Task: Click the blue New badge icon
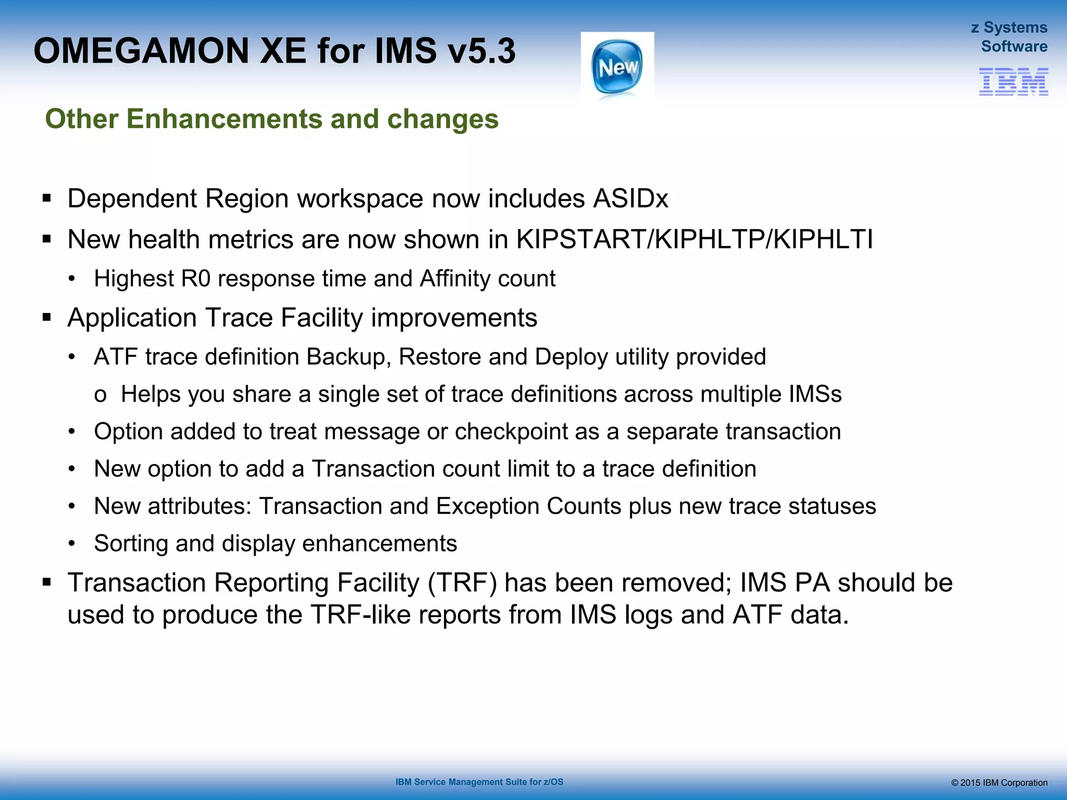(x=617, y=67)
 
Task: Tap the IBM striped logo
(x=1013, y=82)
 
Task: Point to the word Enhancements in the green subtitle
(x=225, y=119)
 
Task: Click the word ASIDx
(x=630, y=198)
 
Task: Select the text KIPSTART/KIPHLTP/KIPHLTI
(x=694, y=240)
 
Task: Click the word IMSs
(x=815, y=394)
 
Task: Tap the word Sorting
(x=131, y=544)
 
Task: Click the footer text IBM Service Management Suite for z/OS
(x=479, y=782)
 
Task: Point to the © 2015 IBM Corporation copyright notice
(x=999, y=783)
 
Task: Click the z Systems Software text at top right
(x=1009, y=37)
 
